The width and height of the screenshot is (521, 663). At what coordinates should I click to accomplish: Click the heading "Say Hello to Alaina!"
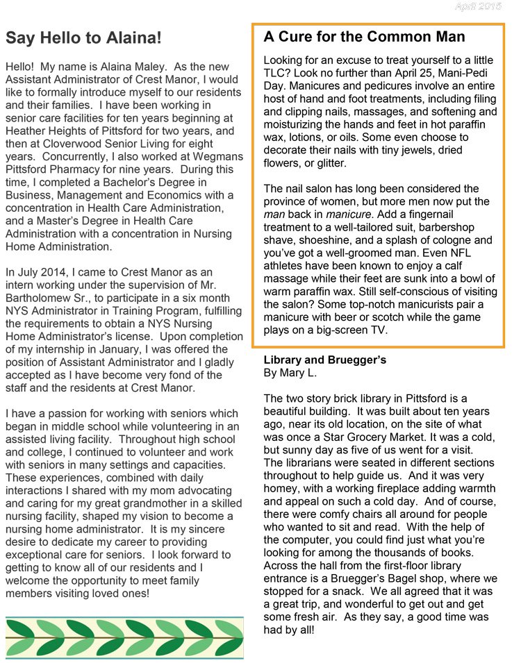pyautogui.click(x=83, y=37)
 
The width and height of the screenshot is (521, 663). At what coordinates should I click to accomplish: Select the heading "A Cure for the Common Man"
pyautogui.click(x=364, y=36)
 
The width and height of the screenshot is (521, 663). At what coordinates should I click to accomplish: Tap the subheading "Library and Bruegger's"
pyautogui.click(x=324, y=360)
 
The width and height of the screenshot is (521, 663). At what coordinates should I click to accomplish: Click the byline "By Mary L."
pyautogui.click(x=290, y=373)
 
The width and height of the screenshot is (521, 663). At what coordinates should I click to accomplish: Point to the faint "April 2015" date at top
pyautogui.click(x=478, y=6)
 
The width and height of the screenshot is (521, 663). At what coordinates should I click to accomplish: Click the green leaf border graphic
pyautogui.click(x=124, y=637)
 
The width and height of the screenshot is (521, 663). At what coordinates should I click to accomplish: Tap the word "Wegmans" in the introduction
pyautogui.click(x=216, y=156)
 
